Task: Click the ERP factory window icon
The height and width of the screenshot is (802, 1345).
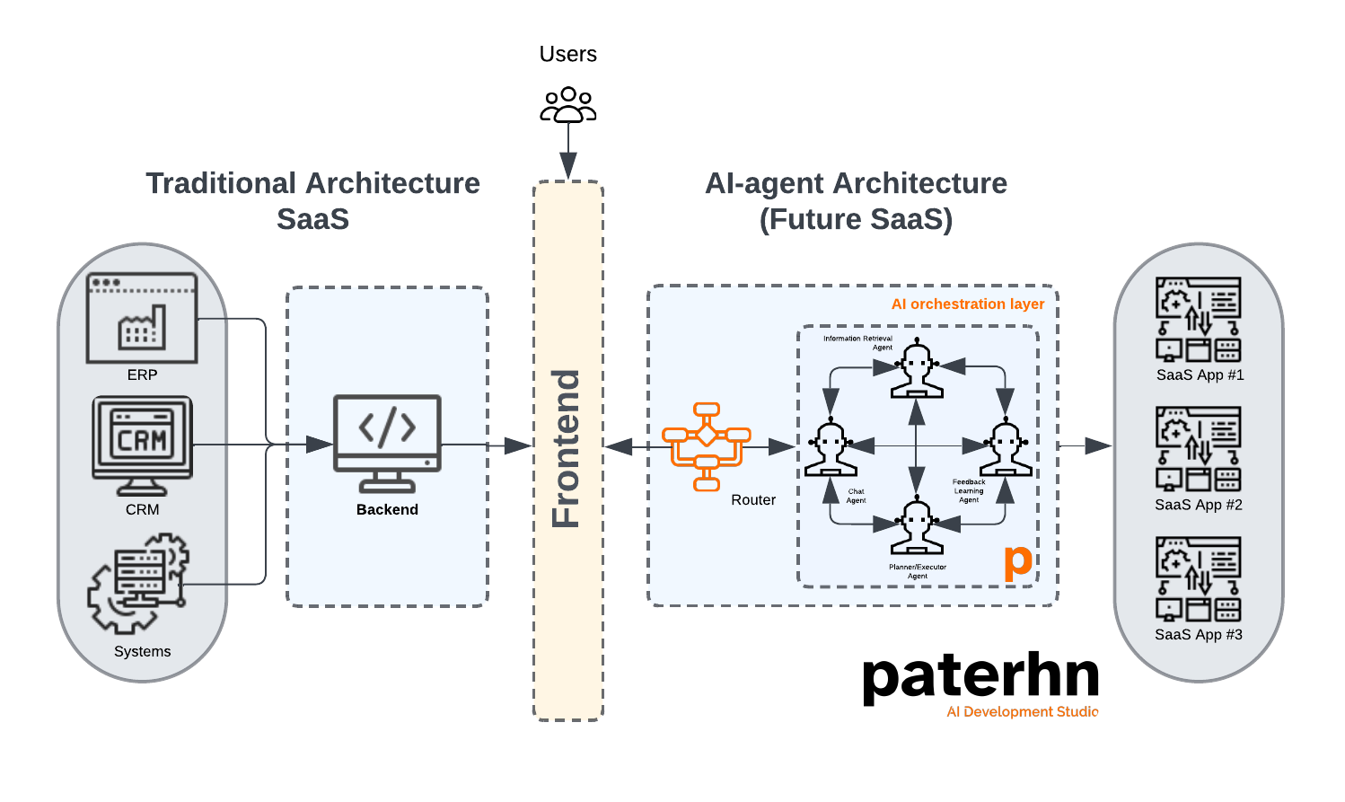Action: click(x=142, y=318)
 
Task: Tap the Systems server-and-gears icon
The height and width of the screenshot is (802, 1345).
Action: click(x=139, y=582)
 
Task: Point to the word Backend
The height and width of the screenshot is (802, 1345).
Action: click(x=387, y=509)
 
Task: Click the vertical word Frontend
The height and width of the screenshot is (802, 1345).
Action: click(x=567, y=448)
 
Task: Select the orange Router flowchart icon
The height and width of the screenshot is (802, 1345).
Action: click(x=707, y=446)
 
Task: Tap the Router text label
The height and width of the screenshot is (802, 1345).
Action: click(x=752, y=500)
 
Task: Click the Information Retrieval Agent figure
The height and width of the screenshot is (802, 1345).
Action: click(x=917, y=368)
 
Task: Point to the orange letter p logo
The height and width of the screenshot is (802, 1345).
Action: click(x=1017, y=561)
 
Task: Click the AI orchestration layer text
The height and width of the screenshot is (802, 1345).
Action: click(x=967, y=304)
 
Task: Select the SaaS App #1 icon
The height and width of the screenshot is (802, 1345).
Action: click(x=1198, y=320)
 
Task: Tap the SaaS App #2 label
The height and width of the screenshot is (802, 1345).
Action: click(x=1198, y=505)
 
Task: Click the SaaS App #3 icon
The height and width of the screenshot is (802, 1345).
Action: click(x=1198, y=579)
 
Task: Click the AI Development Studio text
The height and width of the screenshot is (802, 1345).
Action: click(x=1023, y=711)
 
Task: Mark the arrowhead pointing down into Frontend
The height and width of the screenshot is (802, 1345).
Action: click(x=568, y=166)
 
